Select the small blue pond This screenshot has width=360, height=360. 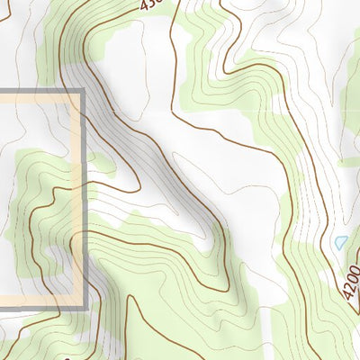[340, 243]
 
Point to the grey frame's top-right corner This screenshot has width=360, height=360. [83, 92]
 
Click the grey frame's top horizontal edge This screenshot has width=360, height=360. [40, 92]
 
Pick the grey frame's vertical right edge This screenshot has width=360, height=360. [84, 198]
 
